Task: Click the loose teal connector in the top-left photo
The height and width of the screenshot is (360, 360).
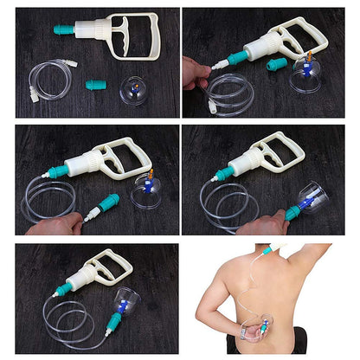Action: pos(95,85)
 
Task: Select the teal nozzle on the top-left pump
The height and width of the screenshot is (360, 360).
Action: pos(65,29)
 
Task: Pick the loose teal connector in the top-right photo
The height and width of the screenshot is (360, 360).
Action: pos(277,64)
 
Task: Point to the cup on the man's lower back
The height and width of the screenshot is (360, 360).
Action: pos(259,328)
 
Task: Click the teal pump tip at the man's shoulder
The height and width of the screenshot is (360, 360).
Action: pos(269,251)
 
